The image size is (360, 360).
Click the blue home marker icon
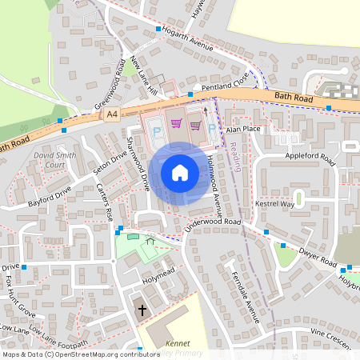pos(180,173)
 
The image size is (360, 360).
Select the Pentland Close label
pos(226,84)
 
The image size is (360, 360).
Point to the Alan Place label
pos(244,128)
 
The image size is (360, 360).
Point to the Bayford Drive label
pos(49,197)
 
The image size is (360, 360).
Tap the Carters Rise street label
pos(106,202)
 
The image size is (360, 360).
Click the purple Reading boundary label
pos(234,154)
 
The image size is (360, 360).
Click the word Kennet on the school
pos(178,343)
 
